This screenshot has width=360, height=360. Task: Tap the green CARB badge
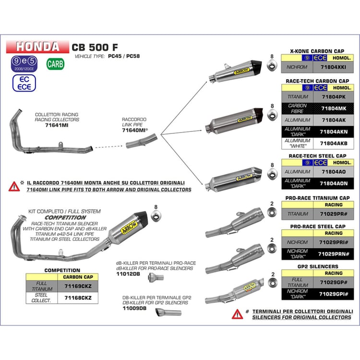click(55, 63)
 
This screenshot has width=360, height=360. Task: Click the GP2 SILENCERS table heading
click(318, 266)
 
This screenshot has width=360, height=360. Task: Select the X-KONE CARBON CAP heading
click(317, 50)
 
